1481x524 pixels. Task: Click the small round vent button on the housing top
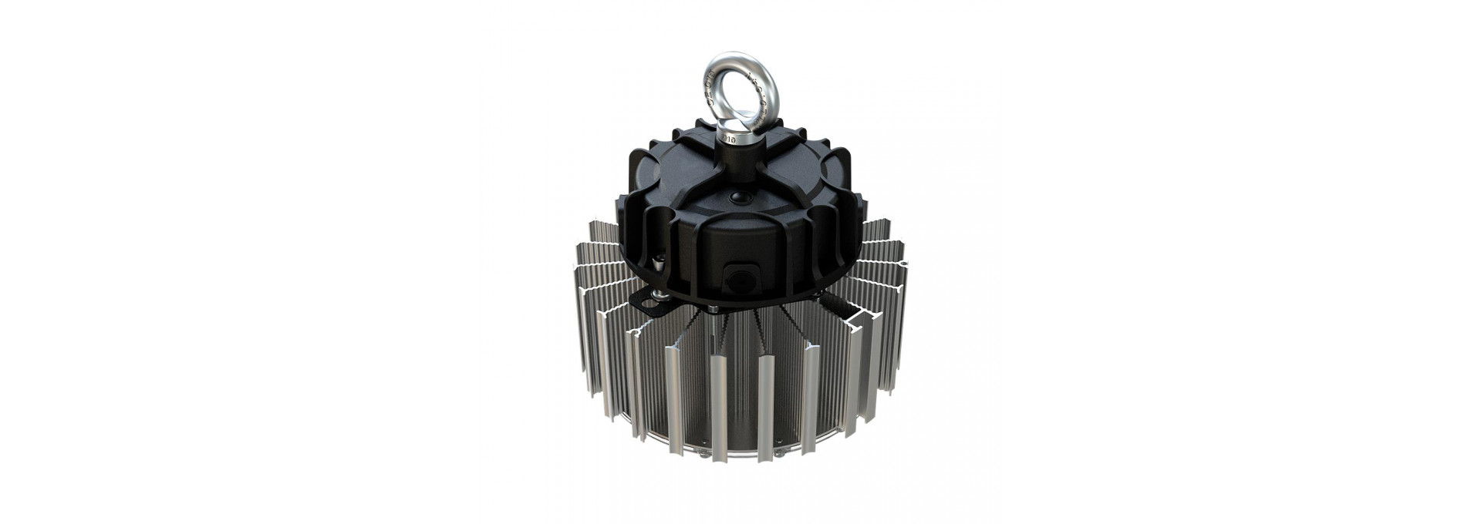[x=739, y=197]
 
